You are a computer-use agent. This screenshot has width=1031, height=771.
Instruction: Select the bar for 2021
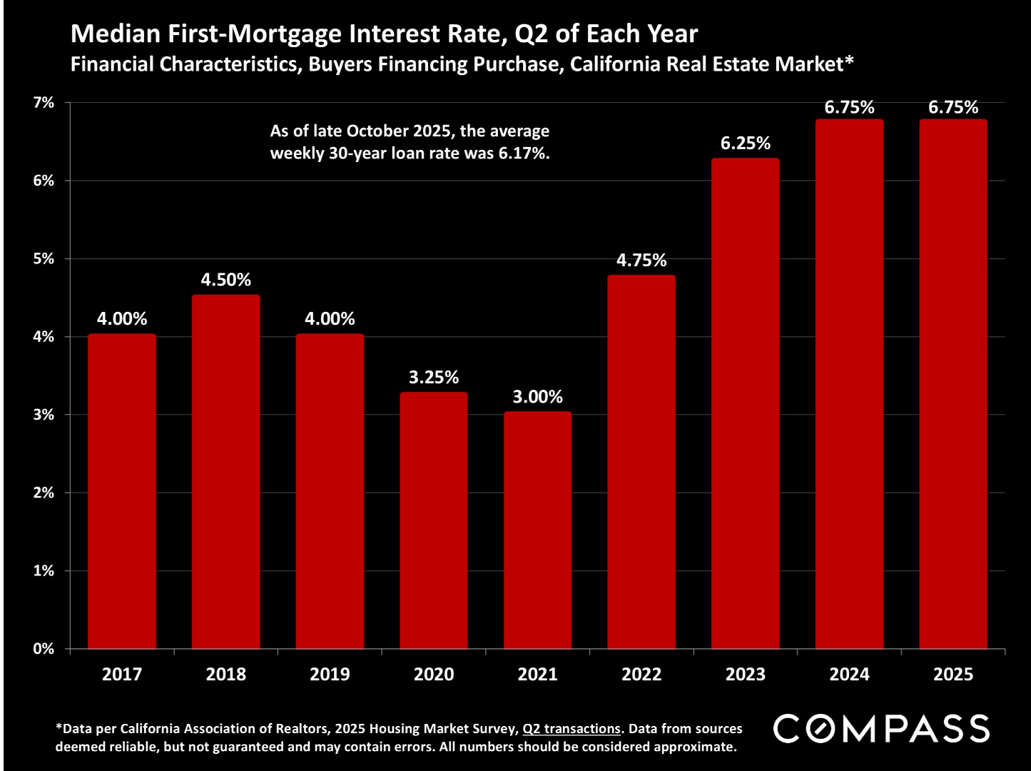(537, 530)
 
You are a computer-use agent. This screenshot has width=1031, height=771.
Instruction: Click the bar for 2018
(225, 471)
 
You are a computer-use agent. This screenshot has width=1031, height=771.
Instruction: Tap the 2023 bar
(745, 403)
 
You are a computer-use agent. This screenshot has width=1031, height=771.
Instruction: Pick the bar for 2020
(433, 520)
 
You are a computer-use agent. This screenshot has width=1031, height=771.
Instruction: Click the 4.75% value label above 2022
(641, 261)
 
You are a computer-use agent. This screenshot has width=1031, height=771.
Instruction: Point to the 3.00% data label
(537, 397)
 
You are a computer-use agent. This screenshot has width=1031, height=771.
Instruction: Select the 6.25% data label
(745, 143)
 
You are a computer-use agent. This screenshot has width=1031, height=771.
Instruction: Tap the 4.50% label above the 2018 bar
(225, 280)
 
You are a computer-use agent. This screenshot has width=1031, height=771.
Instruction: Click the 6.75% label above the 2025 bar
(953, 108)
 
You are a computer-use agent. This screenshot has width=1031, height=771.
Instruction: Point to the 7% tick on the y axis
(44, 103)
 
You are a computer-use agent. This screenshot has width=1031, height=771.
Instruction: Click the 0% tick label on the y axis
(44, 649)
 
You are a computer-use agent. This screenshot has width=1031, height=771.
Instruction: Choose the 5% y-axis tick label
(44, 258)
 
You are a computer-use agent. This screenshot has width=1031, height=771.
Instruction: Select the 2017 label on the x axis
(122, 675)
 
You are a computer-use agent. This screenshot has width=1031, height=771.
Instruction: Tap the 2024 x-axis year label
(849, 675)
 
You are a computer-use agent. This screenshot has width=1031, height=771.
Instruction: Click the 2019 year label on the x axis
(330, 675)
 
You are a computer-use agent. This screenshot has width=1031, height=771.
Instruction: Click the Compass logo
(882, 729)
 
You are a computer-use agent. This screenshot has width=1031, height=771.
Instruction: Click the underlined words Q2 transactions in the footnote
(572, 729)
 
